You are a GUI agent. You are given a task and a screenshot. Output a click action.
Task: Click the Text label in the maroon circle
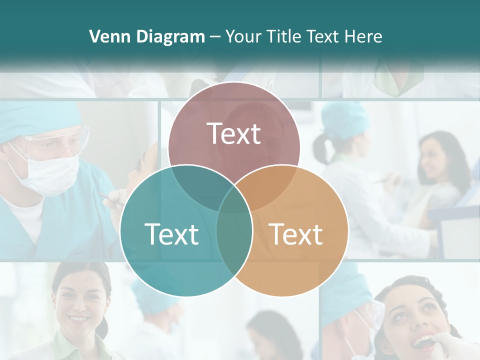click(234, 133)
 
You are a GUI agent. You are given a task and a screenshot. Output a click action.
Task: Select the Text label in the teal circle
click(171, 234)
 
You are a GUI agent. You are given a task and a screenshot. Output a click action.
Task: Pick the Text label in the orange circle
click(296, 234)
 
